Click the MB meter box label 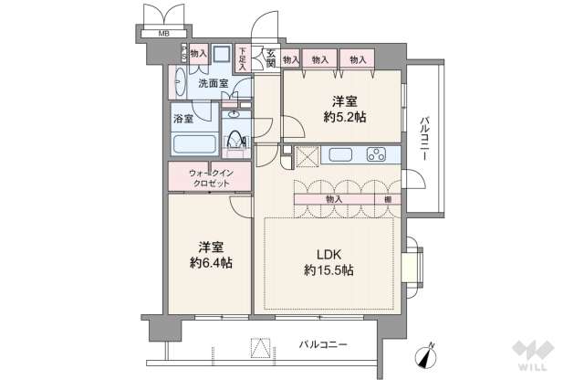point(164,34)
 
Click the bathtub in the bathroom point(193,144)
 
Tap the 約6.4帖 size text point(211,263)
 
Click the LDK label point(329,252)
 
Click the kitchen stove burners point(377,153)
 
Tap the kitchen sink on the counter point(340,153)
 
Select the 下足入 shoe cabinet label point(242,58)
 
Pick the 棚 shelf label point(387,198)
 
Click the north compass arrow point(427,356)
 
